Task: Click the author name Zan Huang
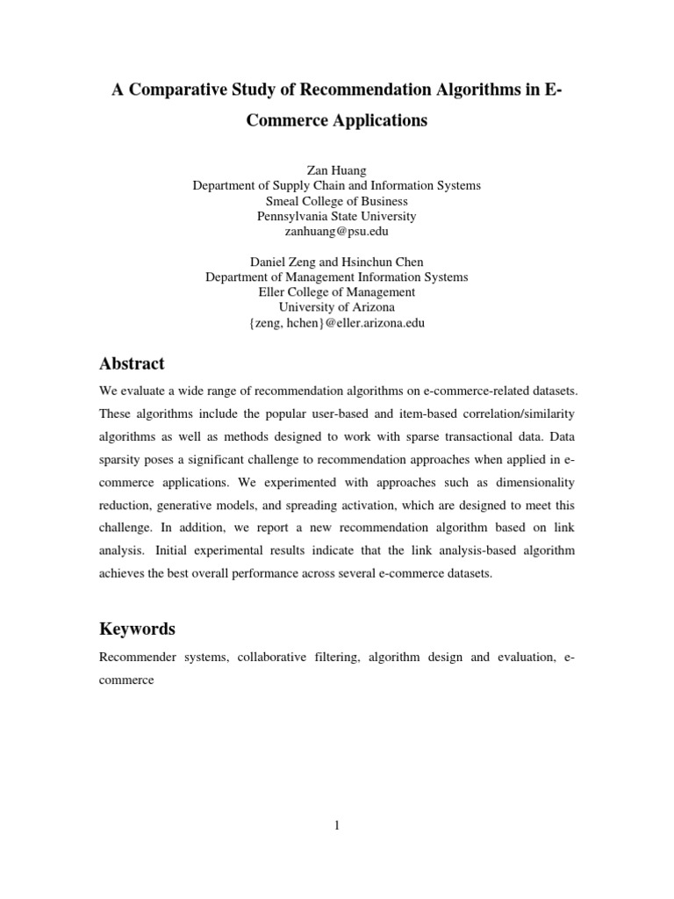[x=336, y=170]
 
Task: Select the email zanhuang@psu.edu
[x=337, y=232]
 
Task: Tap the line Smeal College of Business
[x=337, y=201]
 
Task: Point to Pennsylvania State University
[x=337, y=216]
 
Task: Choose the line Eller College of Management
[x=337, y=292]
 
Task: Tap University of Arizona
[x=337, y=307]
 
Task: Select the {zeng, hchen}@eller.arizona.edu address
[x=337, y=323]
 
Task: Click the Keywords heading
[x=137, y=629]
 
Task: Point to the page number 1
[x=337, y=824]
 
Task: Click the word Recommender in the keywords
[x=136, y=657]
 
